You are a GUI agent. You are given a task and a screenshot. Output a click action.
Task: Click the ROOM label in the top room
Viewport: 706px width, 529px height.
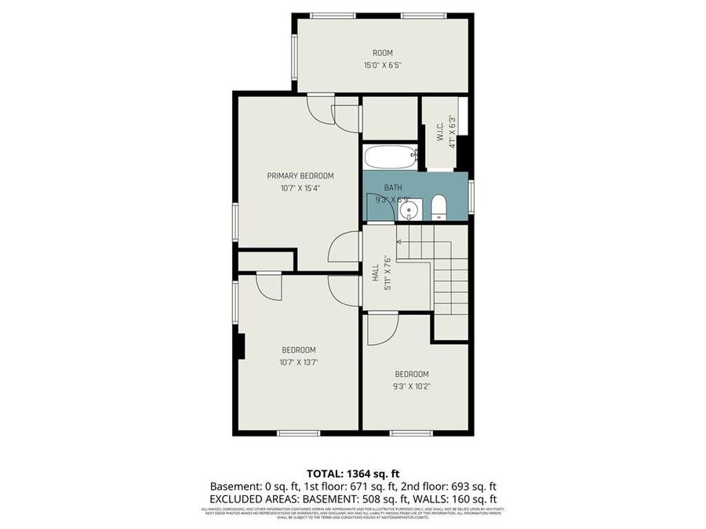(383, 53)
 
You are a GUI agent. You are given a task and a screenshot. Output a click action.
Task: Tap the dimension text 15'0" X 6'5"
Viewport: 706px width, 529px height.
(383, 66)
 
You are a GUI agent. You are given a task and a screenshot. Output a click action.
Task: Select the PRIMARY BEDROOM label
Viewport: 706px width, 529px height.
(300, 176)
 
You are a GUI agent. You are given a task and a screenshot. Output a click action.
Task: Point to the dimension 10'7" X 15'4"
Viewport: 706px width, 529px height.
(300, 188)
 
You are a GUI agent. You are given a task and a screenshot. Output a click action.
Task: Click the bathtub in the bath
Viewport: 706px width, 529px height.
(390, 158)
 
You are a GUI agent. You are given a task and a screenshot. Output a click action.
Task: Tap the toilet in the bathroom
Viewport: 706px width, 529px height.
(439, 208)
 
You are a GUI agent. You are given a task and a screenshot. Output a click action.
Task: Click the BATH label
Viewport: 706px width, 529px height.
(392, 188)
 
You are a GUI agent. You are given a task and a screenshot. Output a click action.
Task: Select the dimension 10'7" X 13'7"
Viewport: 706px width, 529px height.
(299, 362)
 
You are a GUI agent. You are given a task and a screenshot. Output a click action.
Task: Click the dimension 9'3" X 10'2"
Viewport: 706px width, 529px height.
(412, 386)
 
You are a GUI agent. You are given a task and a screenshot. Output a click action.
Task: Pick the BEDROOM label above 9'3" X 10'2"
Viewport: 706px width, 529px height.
(412, 374)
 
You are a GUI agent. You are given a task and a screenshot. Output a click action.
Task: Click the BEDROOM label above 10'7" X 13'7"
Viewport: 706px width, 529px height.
(299, 350)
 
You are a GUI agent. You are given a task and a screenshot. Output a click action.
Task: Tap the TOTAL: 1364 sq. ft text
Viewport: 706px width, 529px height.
(352, 473)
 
